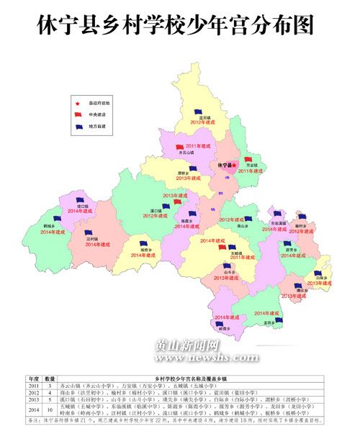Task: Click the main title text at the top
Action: tap(179, 27)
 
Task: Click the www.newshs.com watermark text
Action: tap(183, 358)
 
